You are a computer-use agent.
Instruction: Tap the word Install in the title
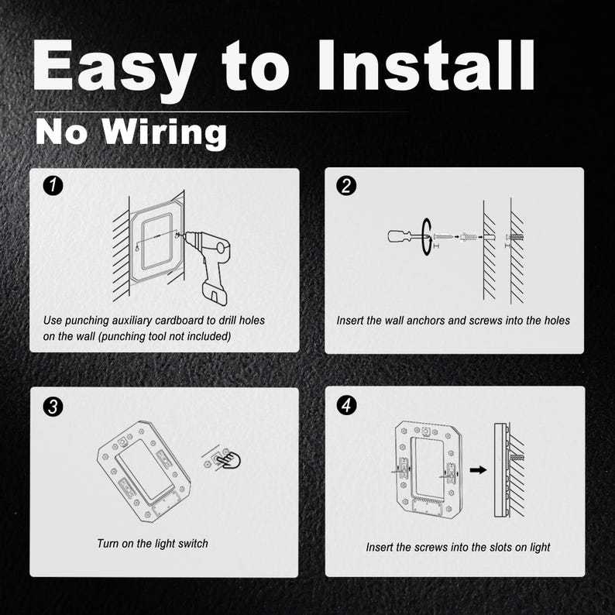[426, 65]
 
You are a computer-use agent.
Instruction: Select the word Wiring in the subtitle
[165, 134]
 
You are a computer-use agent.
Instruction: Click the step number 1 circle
[53, 186]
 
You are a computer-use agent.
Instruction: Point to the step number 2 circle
[346, 186]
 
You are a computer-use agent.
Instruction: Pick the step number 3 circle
[53, 407]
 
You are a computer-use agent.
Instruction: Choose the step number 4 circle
[346, 405]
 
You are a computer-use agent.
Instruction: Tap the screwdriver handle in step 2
[399, 236]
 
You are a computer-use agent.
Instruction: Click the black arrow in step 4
[478, 469]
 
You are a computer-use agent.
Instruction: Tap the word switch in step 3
[193, 544]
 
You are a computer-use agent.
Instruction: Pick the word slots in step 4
[500, 547]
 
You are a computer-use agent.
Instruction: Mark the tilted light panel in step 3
[144, 472]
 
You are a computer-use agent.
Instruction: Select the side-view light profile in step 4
[500, 470]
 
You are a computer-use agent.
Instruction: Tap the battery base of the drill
[214, 291]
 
